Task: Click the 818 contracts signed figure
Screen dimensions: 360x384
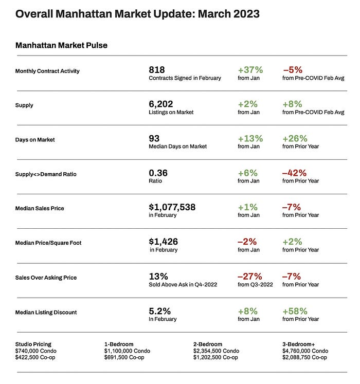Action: (x=157, y=70)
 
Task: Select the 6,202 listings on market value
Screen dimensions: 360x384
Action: (x=161, y=104)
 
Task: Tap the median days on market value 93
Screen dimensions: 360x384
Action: (x=154, y=139)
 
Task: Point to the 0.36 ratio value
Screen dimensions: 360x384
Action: (x=158, y=173)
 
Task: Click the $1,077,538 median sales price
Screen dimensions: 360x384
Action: (x=172, y=207)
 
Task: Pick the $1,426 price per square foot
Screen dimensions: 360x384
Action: (x=163, y=242)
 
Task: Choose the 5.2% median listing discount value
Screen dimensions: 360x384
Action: (x=159, y=312)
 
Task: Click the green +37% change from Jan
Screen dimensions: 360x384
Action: (x=250, y=70)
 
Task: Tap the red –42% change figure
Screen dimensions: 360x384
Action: (x=294, y=173)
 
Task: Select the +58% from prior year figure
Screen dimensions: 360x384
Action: (x=295, y=312)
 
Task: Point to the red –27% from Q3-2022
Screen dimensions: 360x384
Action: (x=250, y=277)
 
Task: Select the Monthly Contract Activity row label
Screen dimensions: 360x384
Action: (x=47, y=71)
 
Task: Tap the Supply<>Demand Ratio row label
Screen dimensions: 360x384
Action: (x=46, y=174)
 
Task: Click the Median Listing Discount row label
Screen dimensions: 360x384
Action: (x=46, y=312)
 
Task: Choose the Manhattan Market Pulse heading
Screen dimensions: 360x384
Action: (x=61, y=45)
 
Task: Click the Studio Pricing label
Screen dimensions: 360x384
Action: (x=33, y=344)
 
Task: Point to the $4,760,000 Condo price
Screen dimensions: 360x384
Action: (x=305, y=351)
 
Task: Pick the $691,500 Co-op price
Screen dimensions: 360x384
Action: (x=124, y=357)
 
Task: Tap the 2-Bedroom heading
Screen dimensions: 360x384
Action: (x=208, y=344)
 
